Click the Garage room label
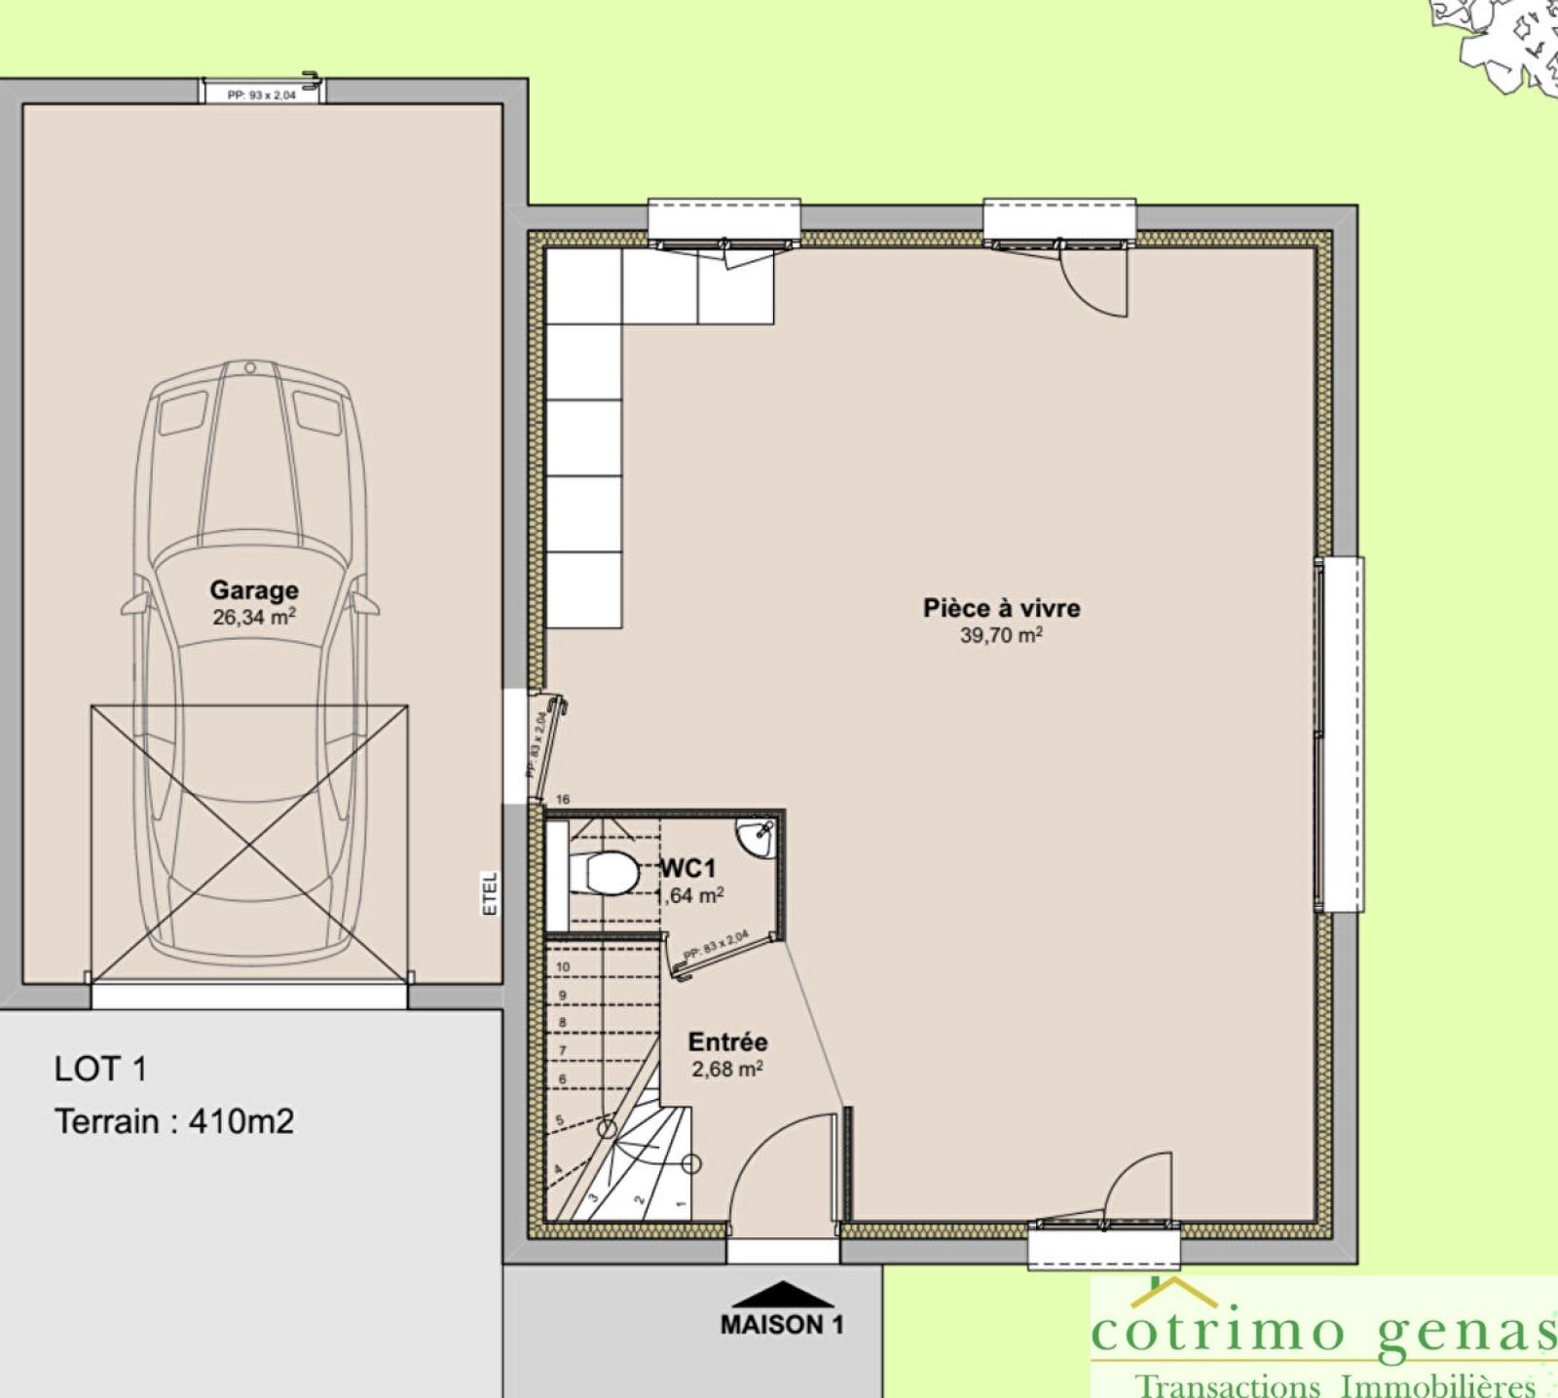(x=254, y=589)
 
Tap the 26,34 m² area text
(x=253, y=618)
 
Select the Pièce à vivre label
(x=1001, y=608)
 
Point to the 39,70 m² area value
(x=1001, y=635)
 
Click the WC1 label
(x=689, y=867)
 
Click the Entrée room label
(x=727, y=1041)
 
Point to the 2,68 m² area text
(x=727, y=1069)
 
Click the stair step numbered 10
(x=563, y=966)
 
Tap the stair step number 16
(x=563, y=799)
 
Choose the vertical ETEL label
(x=490, y=893)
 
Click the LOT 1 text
(x=100, y=1069)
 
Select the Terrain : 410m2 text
(x=174, y=1121)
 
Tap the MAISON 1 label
(x=782, y=1325)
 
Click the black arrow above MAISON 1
(x=783, y=1295)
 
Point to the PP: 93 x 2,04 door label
(x=261, y=94)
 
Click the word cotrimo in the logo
(x=1217, y=1331)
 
